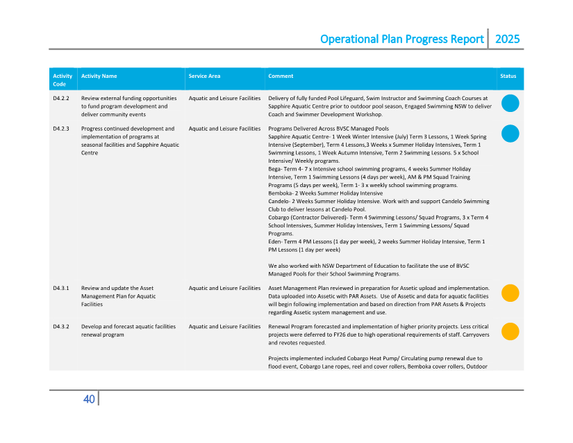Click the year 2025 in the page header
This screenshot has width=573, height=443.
point(507,39)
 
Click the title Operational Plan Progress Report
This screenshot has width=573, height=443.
point(401,39)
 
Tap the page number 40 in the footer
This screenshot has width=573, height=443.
point(89,399)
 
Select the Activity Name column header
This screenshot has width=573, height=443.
point(99,76)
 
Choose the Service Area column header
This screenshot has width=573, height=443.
point(204,76)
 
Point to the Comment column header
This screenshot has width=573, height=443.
point(281,76)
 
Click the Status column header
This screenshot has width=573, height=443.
point(508,76)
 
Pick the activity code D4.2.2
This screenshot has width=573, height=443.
point(61,99)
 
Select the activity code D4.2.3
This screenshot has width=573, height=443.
point(61,129)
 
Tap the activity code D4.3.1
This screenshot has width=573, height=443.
point(61,288)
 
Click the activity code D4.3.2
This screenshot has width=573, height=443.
point(61,326)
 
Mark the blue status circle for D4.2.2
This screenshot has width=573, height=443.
point(510,104)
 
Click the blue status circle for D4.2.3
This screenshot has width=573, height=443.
point(510,134)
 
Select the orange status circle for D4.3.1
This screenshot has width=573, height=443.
point(510,293)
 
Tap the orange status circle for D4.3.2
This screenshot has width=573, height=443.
point(510,331)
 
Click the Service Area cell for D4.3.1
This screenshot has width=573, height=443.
point(224,288)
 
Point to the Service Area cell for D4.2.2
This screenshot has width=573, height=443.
point(224,99)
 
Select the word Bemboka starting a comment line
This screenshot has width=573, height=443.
point(281,193)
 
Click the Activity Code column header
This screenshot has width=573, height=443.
point(63,80)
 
